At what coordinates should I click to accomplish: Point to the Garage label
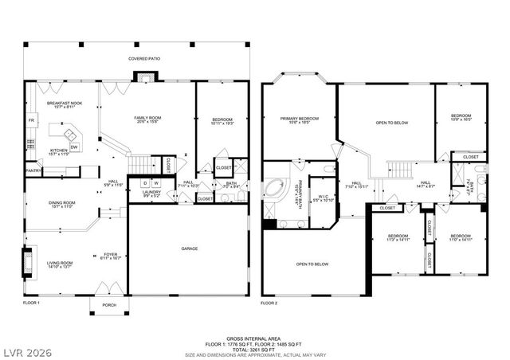point(189,248)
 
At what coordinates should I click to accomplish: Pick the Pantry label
point(33,170)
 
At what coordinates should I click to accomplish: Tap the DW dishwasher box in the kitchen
point(73,147)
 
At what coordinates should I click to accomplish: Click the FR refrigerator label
point(32,120)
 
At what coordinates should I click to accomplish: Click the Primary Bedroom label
point(299,121)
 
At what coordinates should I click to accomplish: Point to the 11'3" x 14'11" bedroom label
point(398,238)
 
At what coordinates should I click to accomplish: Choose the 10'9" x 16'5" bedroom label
point(461,117)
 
